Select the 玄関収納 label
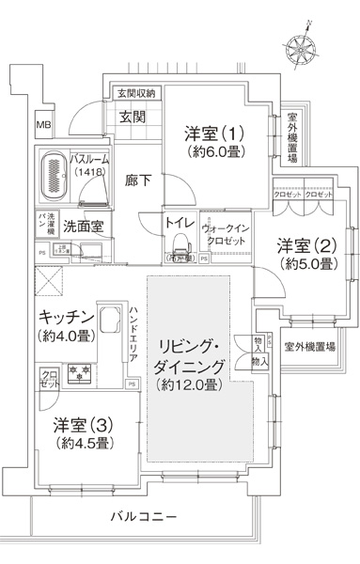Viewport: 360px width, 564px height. point(135,91)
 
